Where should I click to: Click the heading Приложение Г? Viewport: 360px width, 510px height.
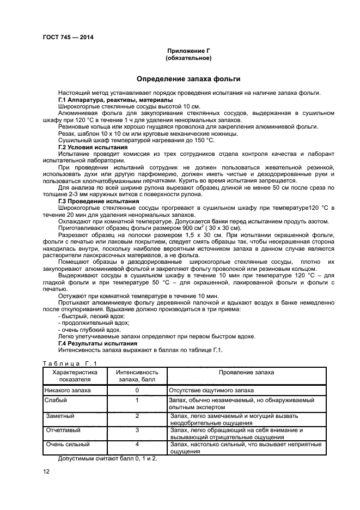point(188,51)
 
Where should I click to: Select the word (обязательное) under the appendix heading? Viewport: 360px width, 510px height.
point(188,58)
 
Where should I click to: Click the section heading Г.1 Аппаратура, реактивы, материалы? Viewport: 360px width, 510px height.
point(115,100)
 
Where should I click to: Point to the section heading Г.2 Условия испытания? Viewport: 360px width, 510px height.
point(93,148)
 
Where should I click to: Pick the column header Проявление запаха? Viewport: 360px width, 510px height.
point(246,372)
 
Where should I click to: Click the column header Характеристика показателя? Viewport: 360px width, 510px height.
point(74,376)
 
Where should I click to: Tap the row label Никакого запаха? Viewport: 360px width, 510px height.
point(68,391)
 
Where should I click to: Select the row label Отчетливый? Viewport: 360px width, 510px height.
point(63,430)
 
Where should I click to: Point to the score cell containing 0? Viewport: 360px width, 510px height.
point(137,391)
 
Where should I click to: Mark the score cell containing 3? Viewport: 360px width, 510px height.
point(137,430)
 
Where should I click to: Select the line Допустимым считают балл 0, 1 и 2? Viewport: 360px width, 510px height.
point(107,458)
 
